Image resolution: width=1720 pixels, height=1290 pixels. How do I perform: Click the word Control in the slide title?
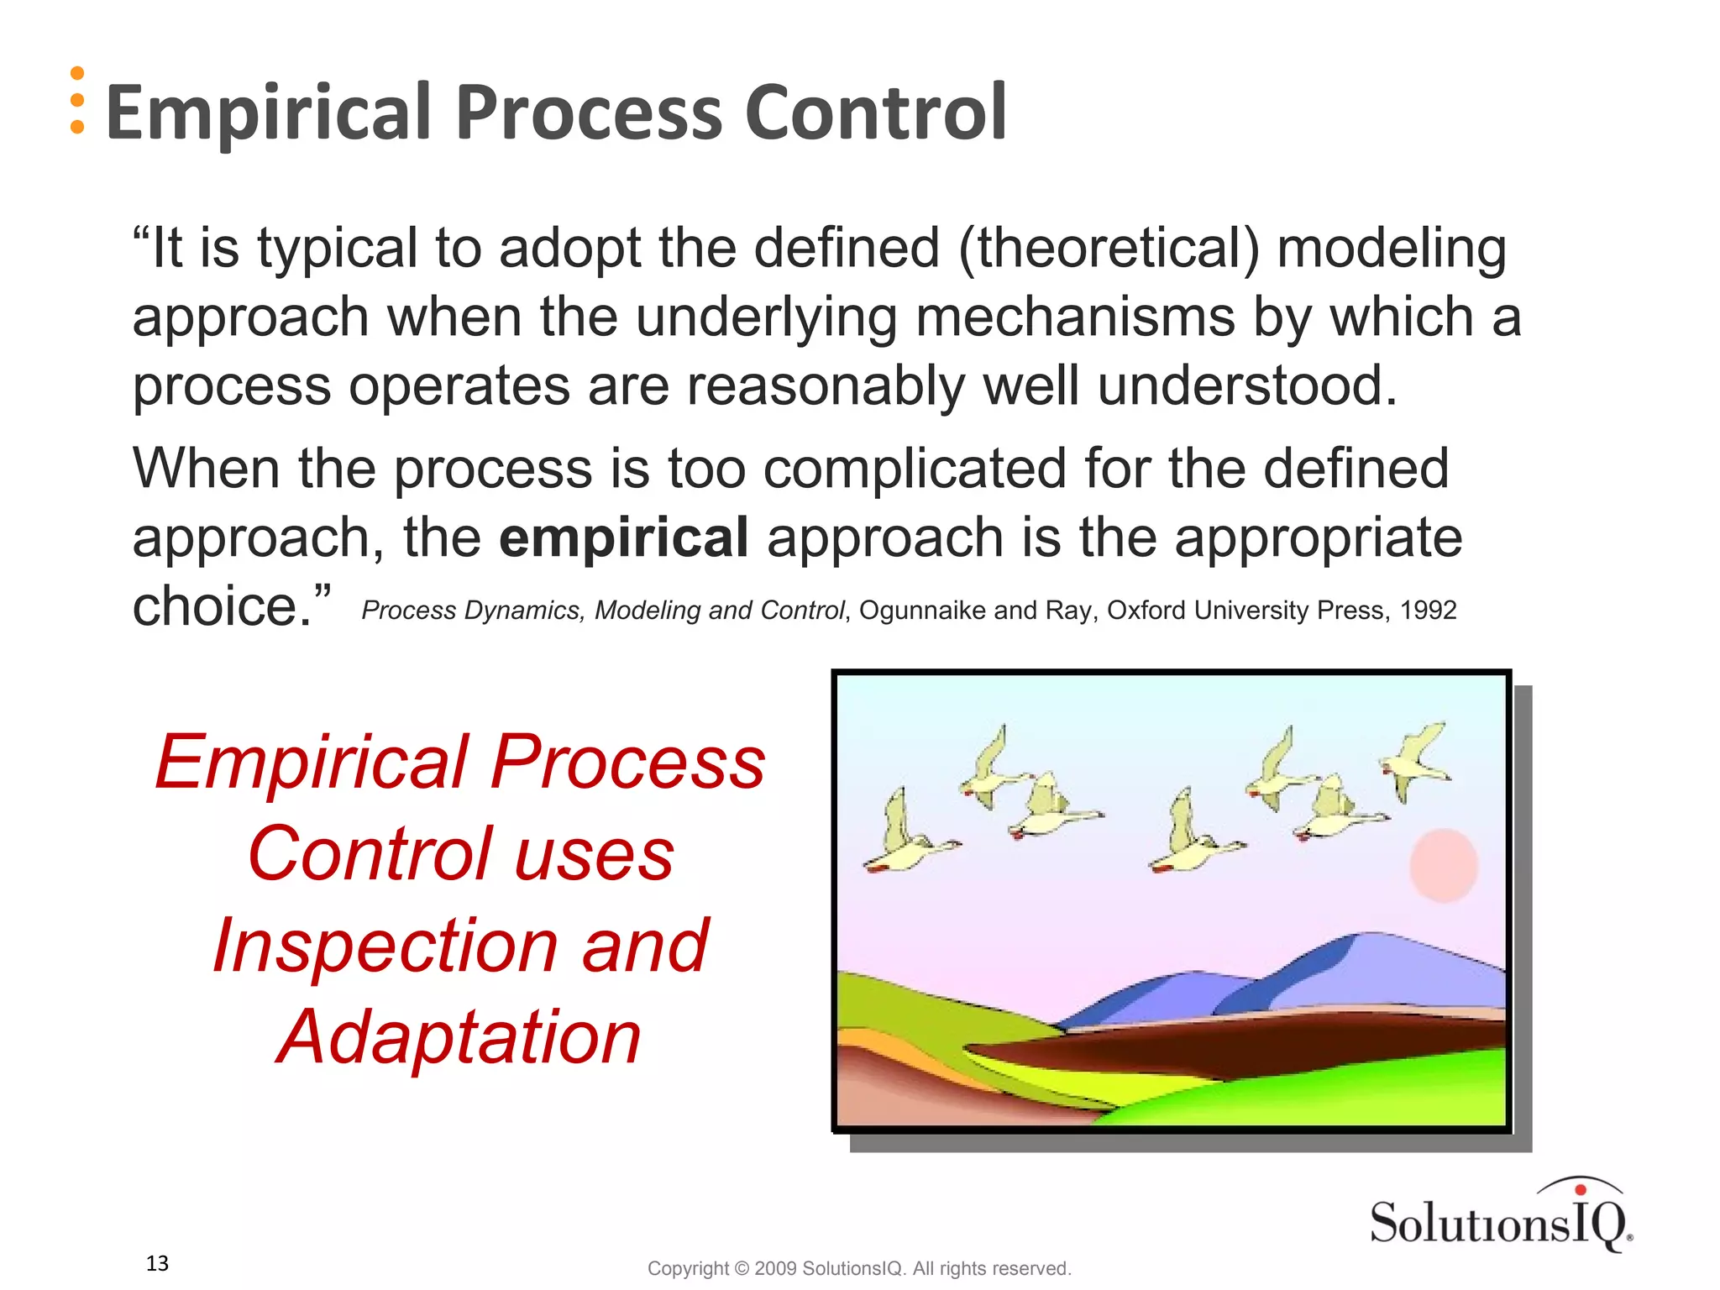pyautogui.click(x=875, y=113)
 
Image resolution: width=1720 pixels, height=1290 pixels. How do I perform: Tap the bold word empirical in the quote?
pyautogui.click(x=623, y=537)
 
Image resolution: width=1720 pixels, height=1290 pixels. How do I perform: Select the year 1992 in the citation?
pyautogui.click(x=1428, y=611)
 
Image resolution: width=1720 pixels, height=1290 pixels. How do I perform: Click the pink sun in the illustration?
pyautogui.click(x=1443, y=866)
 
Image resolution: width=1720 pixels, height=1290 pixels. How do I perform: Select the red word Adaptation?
pyautogui.click(x=459, y=1038)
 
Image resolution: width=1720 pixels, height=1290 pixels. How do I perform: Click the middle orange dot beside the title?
pyautogui.click(x=77, y=101)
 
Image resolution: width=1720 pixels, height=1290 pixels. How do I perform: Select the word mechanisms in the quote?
pyautogui.click(x=1075, y=318)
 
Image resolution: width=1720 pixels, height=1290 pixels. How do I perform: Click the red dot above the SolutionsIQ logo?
pyautogui.click(x=1580, y=1189)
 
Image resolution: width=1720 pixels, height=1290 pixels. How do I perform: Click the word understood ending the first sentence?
pyautogui.click(x=1246, y=386)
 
